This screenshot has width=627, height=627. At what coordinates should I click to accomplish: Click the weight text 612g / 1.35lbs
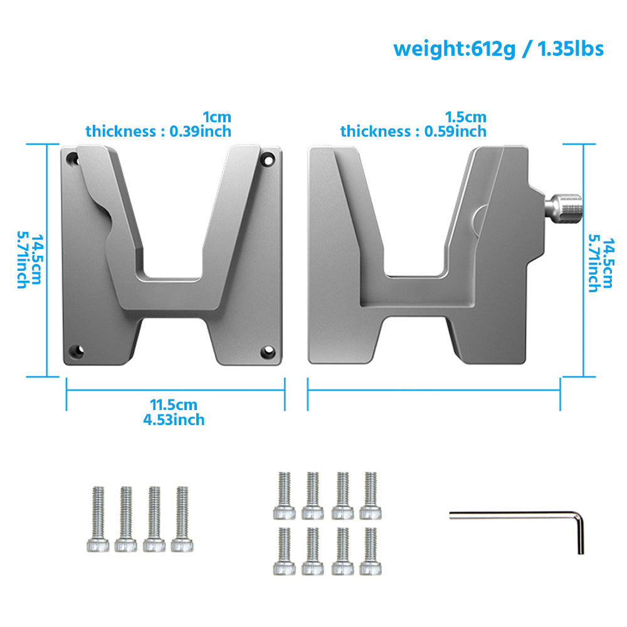(x=498, y=48)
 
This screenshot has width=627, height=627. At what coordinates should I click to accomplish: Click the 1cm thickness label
(x=217, y=117)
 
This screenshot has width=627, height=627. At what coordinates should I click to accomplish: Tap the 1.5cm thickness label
(x=465, y=117)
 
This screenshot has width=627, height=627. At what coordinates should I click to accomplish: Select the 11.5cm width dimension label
(x=173, y=404)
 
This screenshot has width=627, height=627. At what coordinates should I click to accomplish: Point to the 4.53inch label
(x=174, y=419)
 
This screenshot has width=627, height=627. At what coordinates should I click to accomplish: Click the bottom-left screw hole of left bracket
(x=76, y=350)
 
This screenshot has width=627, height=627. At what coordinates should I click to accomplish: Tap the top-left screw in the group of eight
(x=284, y=495)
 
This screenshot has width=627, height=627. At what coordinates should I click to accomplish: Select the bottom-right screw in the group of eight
(x=369, y=551)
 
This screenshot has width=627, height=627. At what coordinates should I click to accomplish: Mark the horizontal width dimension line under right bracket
(x=433, y=389)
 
